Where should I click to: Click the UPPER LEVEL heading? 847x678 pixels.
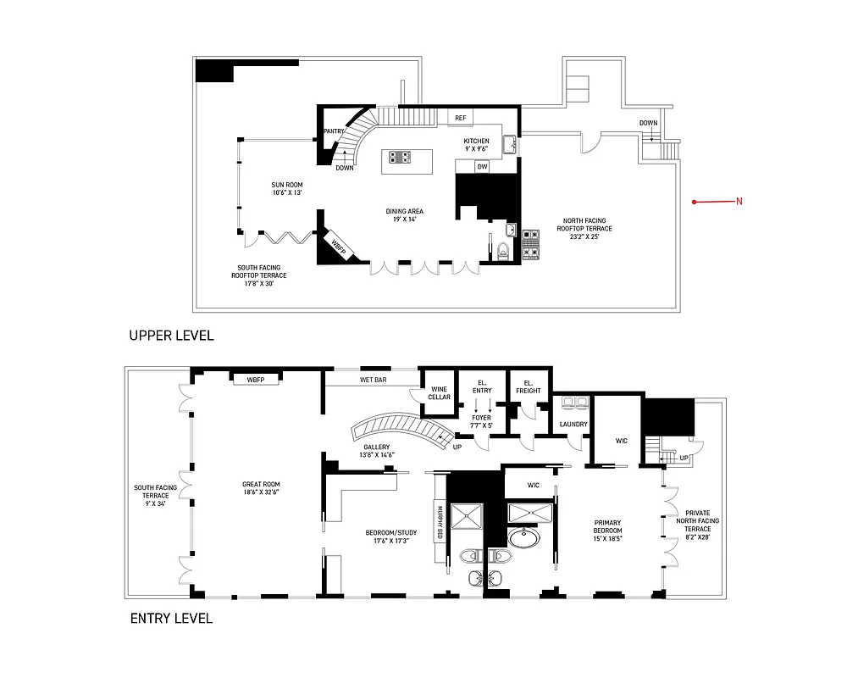coord(171,335)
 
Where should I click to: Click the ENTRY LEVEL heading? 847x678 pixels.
coord(171,618)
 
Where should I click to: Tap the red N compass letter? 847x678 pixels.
coord(739,202)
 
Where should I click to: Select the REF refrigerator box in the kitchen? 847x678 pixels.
coord(461,118)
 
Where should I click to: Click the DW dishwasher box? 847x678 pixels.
coord(482,167)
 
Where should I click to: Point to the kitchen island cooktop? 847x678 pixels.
coord(400,157)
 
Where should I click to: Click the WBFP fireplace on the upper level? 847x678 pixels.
coord(340,247)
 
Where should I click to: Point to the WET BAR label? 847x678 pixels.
coord(373,381)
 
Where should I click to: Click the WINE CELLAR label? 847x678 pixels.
coord(439,393)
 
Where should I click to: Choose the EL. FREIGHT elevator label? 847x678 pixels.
coord(529,386)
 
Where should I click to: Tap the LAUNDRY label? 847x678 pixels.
coord(573,425)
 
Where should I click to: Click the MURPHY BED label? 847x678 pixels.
coord(440,523)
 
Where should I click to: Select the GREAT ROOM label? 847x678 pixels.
coord(261,487)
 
